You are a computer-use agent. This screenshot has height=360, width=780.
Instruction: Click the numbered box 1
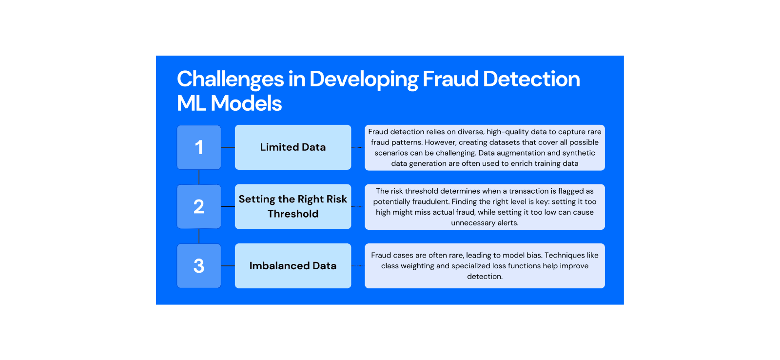coord(199,147)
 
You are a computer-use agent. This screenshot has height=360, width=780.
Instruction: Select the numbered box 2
coord(199,206)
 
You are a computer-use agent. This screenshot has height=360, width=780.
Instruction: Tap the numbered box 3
coord(199,266)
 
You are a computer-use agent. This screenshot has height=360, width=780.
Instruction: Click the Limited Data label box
coord(292,147)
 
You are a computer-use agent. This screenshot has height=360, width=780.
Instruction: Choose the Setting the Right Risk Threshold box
coord(292,206)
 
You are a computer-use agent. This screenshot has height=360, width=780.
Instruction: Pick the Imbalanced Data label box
coord(292,266)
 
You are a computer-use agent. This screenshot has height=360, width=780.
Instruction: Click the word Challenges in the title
coord(230,80)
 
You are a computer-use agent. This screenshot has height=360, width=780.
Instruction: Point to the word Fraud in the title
coord(450,79)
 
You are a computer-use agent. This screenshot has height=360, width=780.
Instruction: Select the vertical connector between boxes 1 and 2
coord(199,177)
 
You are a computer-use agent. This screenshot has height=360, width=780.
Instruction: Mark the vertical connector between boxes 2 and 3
coord(199,236)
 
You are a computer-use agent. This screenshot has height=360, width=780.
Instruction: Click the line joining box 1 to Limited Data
coord(228,147)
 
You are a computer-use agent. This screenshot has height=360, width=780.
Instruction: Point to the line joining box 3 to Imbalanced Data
coord(228,266)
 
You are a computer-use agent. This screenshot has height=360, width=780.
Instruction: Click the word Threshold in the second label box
coord(293,214)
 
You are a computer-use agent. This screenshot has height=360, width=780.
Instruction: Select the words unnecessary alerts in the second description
coord(485,223)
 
